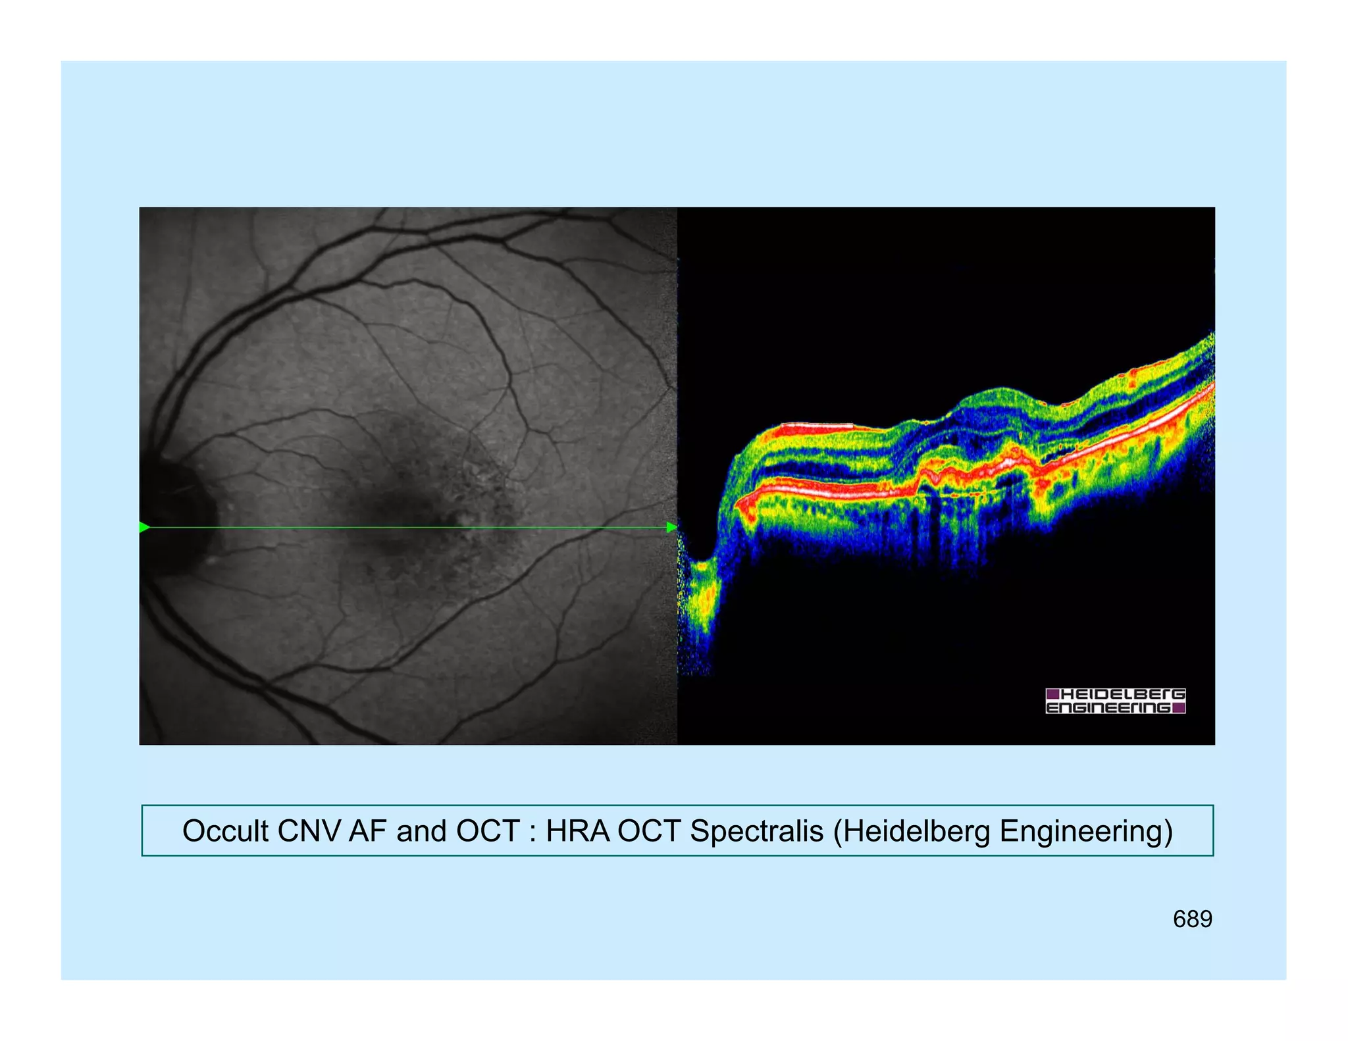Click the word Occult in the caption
[x=226, y=831]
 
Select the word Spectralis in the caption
[x=756, y=831]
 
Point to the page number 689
[x=1192, y=919]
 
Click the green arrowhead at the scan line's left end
[x=145, y=527]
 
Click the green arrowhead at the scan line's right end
[x=671, y=527]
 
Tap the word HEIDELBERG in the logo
[x=1123, y=694]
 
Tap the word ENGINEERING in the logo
[x=1108, y=708]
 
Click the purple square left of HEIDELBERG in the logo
[x=1052, y=694]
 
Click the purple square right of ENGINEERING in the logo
[x=1179, y=708]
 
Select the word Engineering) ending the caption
[x=1086, y=831]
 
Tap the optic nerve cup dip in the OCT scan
[x=703, y=579]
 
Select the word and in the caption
[x=421, y=831]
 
